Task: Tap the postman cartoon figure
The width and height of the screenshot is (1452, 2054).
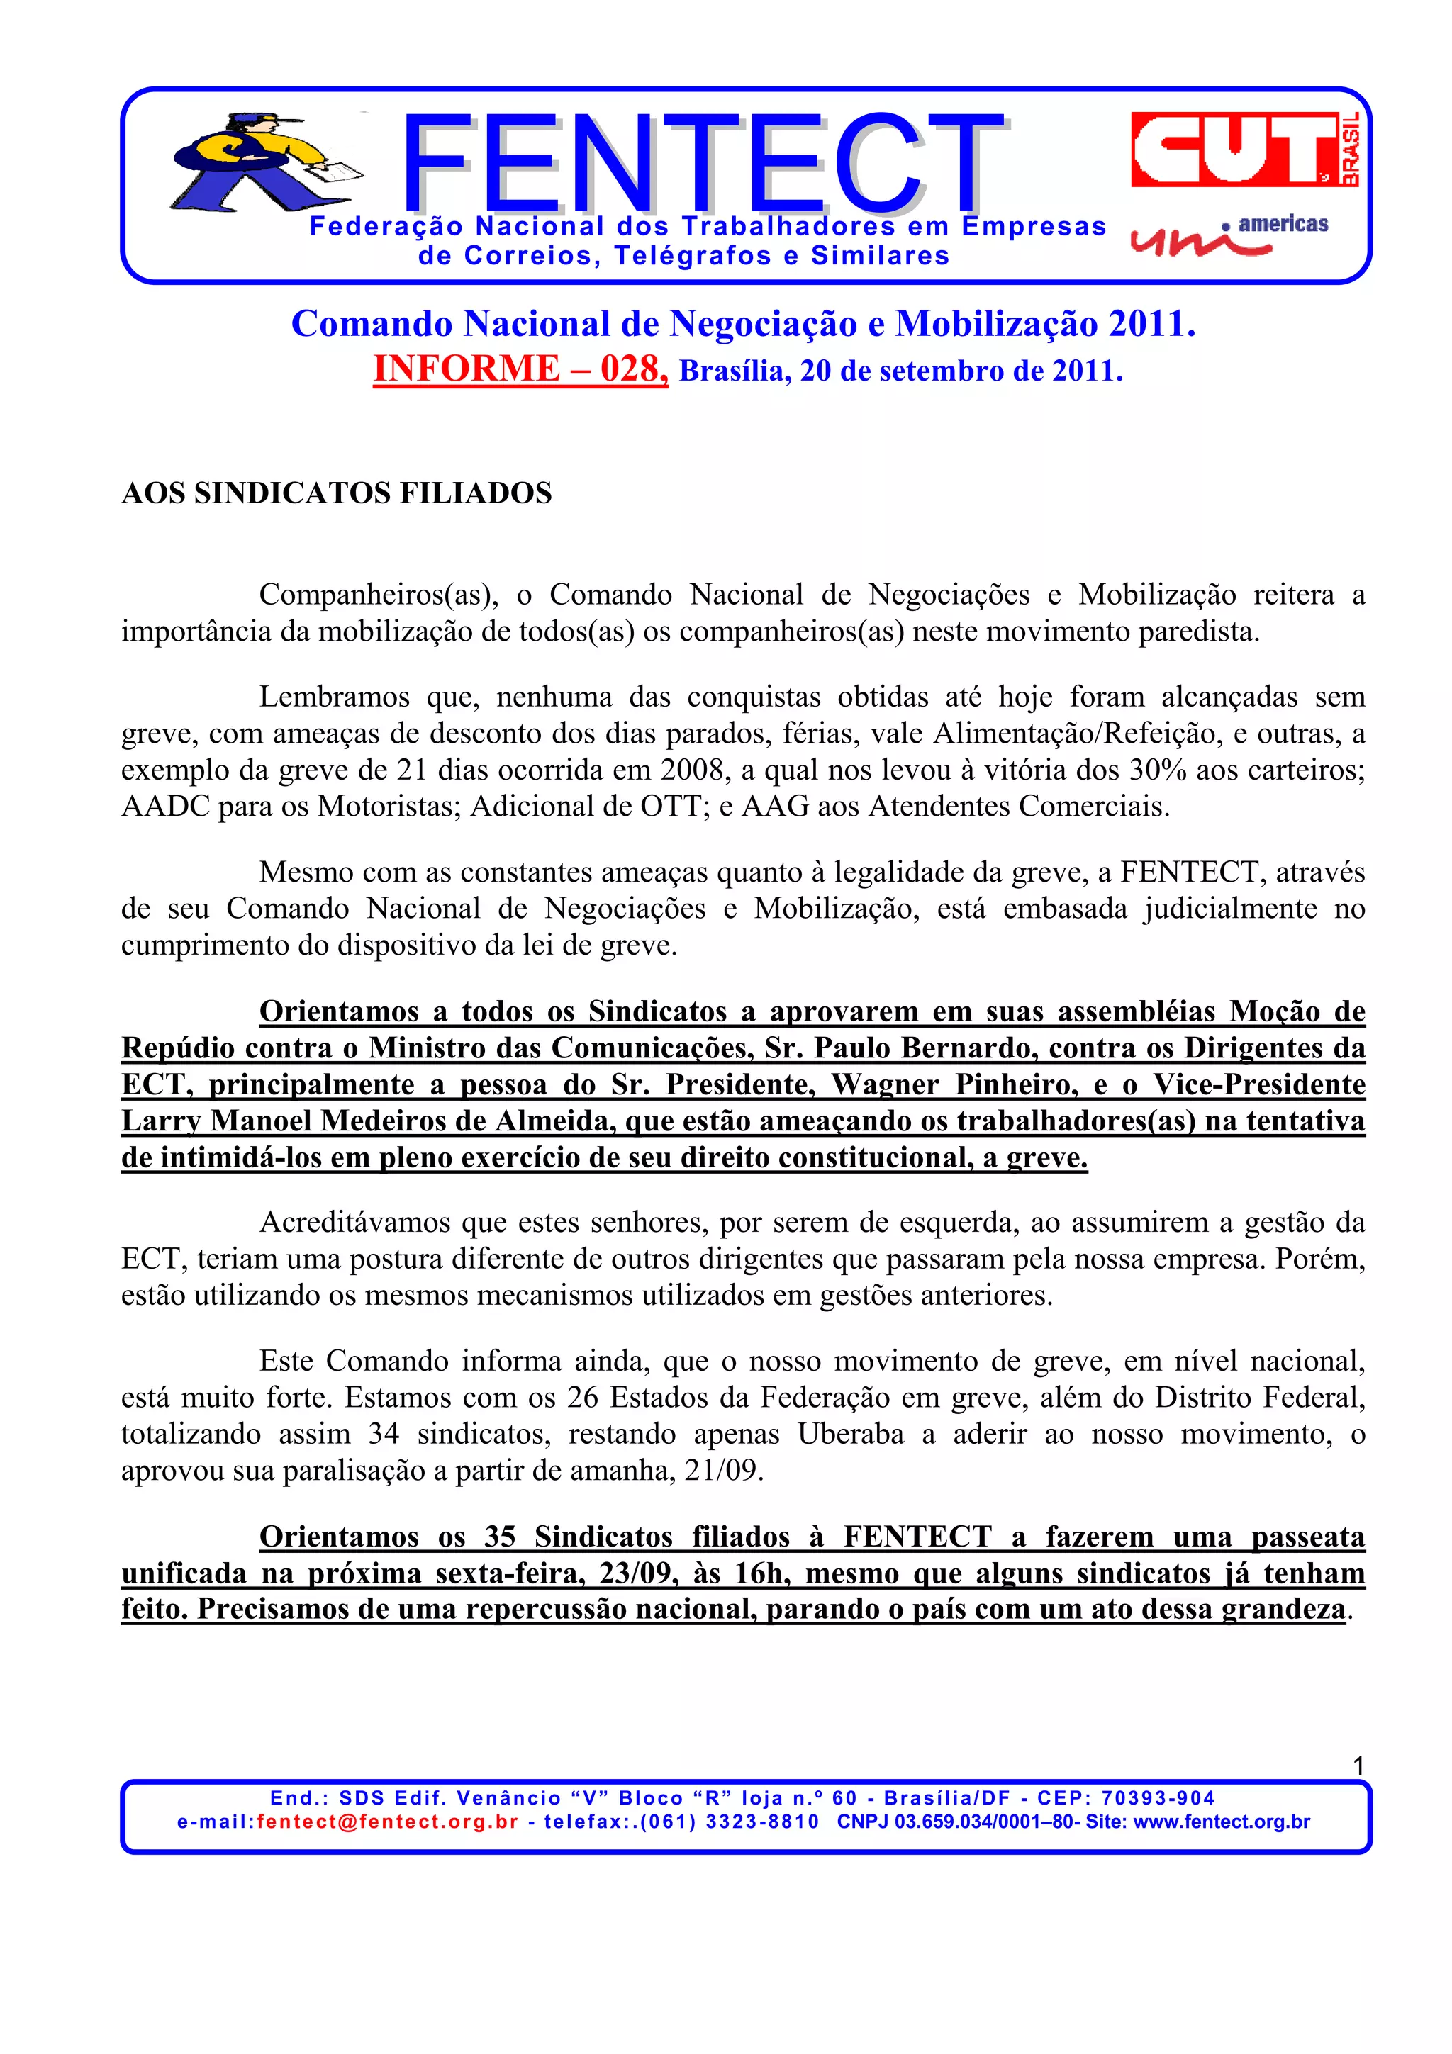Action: (259, 164)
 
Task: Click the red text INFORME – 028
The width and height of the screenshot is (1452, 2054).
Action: (520, 369)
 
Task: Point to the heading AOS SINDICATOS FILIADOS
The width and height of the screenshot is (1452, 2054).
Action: (336, 493)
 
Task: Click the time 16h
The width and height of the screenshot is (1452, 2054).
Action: (762, 1573)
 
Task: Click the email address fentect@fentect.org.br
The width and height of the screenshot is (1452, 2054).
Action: (387, 1822)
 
